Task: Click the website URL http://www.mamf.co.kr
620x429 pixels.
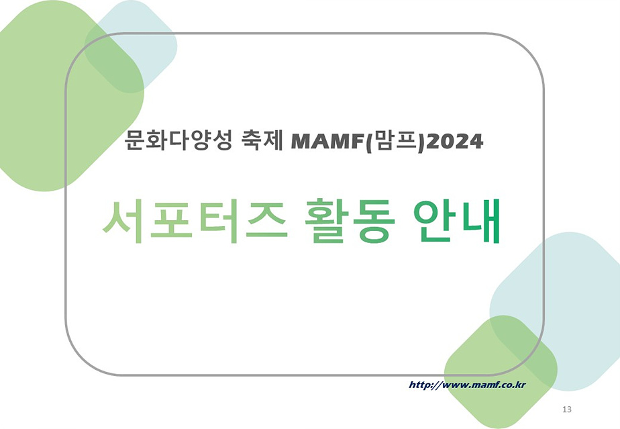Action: [x=467, y=385]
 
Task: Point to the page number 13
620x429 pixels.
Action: [x=567, y=409]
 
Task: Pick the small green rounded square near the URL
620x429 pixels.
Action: [x=501, y=373]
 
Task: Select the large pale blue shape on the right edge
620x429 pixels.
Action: [x=577, y=295]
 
